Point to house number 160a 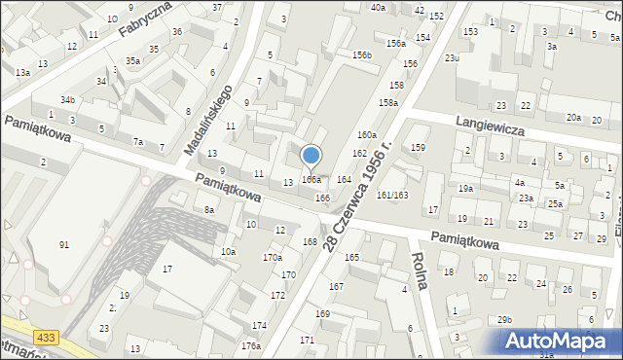click(x=366, y=134)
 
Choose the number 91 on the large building click(x=64, y=244)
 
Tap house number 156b click(x=362, y=55)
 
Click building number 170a click(x=273, y=257)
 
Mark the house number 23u click(x=452, y=58)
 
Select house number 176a click(x=251, y=345)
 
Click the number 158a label click(x=388, y=102)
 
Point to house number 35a click(x=132, y=60)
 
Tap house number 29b click(x=503, y=320)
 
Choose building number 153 click(x=471, y=32)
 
